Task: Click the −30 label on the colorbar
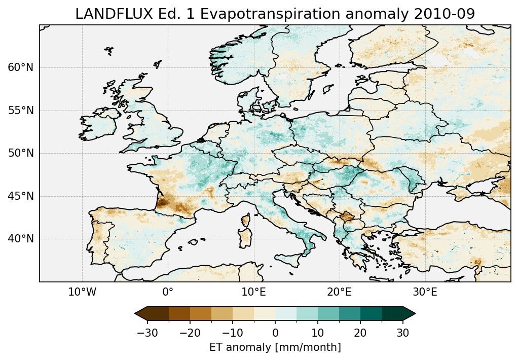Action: tap(147, 333)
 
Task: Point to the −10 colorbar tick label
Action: tap(232, 333)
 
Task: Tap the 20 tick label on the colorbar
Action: tap(360, 333)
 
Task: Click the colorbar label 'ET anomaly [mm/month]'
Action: tap(275, 347)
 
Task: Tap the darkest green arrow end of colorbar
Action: tap(409, 313)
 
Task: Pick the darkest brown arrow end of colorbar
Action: tap(141, 313)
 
